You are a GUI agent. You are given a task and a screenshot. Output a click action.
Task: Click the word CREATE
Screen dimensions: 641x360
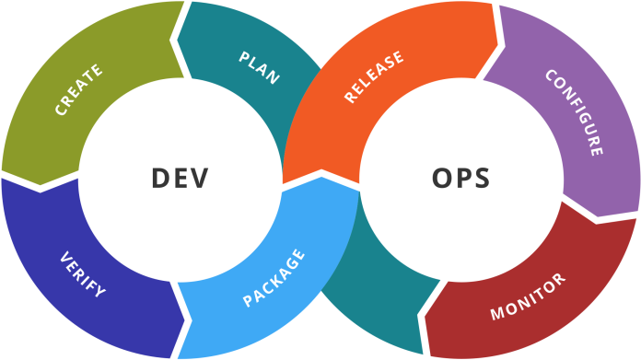(x=79, y=89)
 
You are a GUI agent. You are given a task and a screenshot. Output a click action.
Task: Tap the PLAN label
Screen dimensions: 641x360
(x=259, y=68)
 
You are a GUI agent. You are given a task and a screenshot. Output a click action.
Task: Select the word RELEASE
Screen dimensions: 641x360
(x=374, y=76)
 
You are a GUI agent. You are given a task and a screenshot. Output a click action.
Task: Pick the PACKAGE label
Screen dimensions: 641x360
(x=274, y=278)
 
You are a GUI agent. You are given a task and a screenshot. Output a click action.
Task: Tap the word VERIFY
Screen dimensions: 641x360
(x=82, y=274)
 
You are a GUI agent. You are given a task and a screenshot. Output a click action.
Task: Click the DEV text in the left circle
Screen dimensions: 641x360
(x=180, y=178)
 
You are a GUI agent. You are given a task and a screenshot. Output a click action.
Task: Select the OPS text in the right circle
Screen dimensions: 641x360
(x=460, y=178)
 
